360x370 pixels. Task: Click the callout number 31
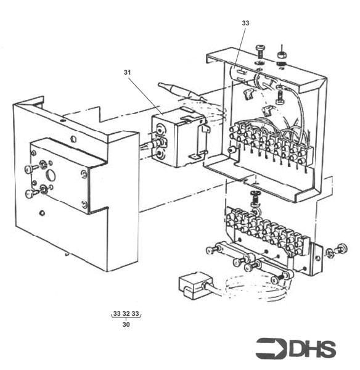pyautogui.click(x=128, y=72)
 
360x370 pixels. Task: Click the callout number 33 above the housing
pyautogui.click(x=245, y=23)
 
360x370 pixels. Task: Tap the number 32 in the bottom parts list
pyautogui.click(x=126, y=314)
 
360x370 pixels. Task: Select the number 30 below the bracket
pyautogui.click(x=126, y=324)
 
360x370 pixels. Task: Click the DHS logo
pyautogui.click(x=296, y=348)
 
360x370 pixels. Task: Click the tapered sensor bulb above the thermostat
pyautogui.click(x=179, y=89)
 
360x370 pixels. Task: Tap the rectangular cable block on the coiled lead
pyautogui.click(x=193, y=285)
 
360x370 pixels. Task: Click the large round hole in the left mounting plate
pyautogui.click(x=51, y=175)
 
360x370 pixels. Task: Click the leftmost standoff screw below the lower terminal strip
pyautogui.click(x=213, y=250)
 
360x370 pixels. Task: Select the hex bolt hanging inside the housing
pyautogui.click(x=280, y=95)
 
